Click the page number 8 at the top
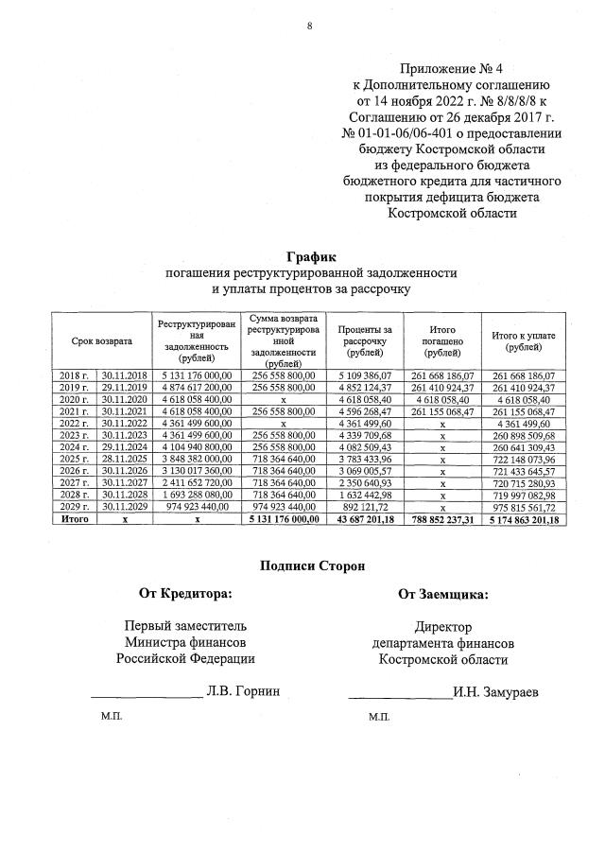click(x=308, y=26)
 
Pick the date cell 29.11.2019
click(x=124, y=388)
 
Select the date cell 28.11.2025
click(x=124, y=458)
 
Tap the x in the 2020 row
click(x=284, y=399)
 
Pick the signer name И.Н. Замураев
click(x=495, y=691)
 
